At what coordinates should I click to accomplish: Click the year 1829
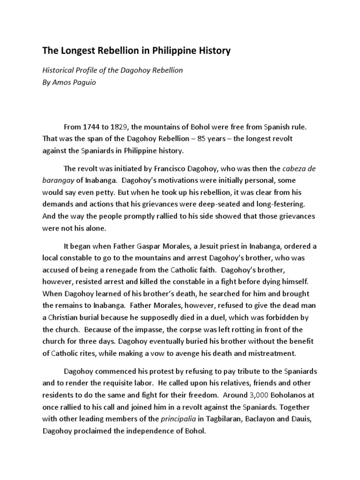click(122, 127)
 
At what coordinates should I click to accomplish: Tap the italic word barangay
click(59, 180)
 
